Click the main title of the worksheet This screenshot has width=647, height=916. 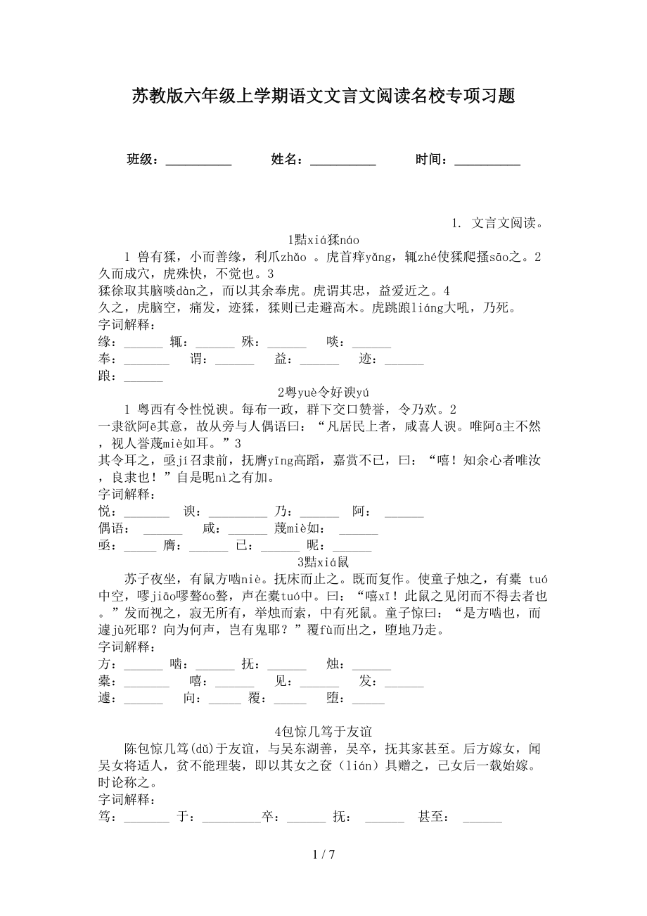pyautogui.click(x=323, y=96)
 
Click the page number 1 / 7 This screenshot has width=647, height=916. pyautogui.click(x=323, y=855)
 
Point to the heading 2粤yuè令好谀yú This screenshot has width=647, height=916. pyautogui.click(x=323, y=393)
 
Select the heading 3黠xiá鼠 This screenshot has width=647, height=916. pyautogui.click(x=323, y=562)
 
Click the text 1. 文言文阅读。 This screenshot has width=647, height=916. pyautogui.click(x=500, y=223)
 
